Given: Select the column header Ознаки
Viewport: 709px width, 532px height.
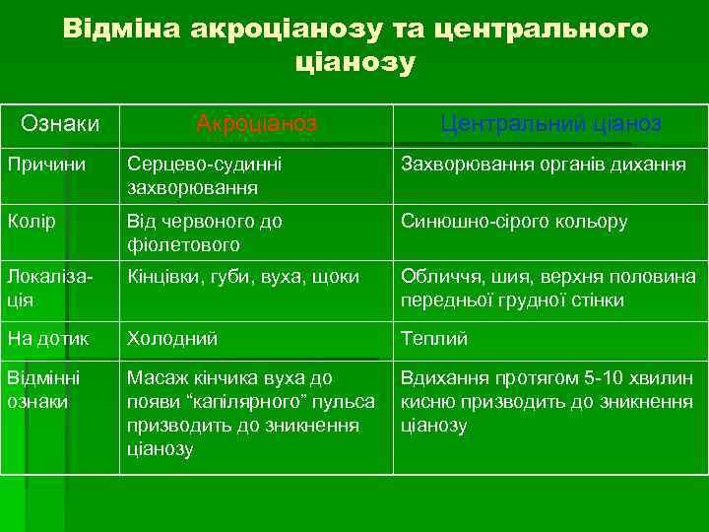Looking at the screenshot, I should tap(60, 123).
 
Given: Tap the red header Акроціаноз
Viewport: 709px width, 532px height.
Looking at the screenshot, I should tap(256, 123).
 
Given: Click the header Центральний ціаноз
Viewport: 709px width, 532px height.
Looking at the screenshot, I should tap(550, 123).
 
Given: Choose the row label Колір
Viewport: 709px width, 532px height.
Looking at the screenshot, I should tap(31, 222).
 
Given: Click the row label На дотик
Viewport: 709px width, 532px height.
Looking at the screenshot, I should tap(48, 339).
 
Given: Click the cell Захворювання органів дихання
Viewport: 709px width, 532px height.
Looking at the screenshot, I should tap(543, 165).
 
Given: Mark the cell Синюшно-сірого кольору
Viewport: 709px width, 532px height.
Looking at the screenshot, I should tap(513, 222).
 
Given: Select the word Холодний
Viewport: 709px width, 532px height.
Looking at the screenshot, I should tap(172, 339).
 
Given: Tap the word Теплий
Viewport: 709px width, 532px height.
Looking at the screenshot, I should tap(434, 339).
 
